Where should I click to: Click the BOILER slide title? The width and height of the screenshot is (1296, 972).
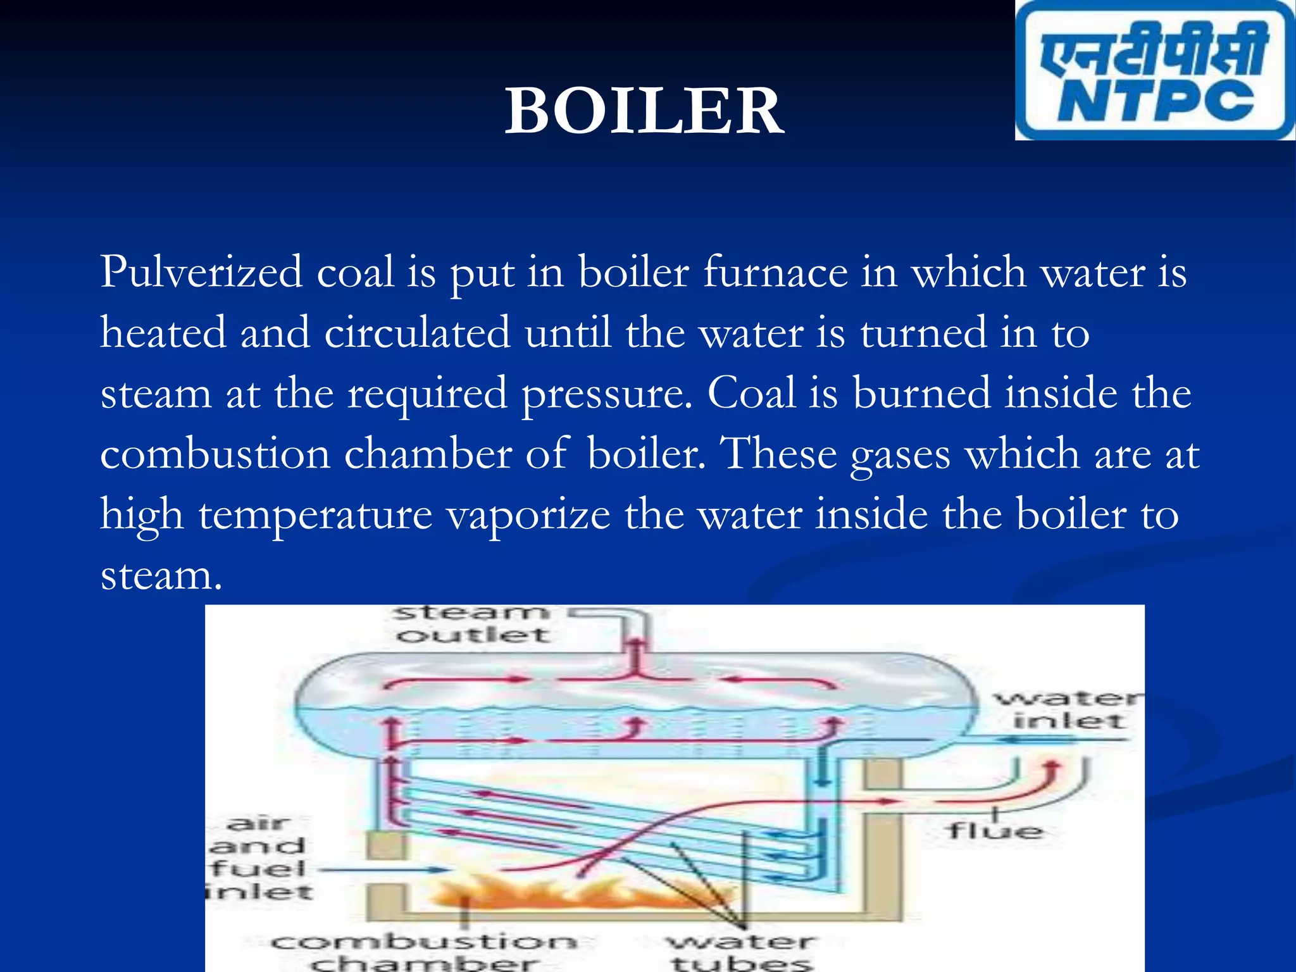[644, 111]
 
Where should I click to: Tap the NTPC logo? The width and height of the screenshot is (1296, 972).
[1155, 71]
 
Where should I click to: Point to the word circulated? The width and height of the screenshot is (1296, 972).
[417, 332]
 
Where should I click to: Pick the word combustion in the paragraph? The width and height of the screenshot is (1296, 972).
[215, 454]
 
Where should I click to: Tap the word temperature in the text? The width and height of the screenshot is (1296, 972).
[315, 514]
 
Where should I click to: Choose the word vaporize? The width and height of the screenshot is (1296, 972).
[528, 514]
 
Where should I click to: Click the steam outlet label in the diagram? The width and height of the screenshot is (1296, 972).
[472, 624]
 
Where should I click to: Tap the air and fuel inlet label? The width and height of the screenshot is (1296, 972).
[259, 857]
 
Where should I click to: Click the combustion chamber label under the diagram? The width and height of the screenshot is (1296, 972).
[424, 952]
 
